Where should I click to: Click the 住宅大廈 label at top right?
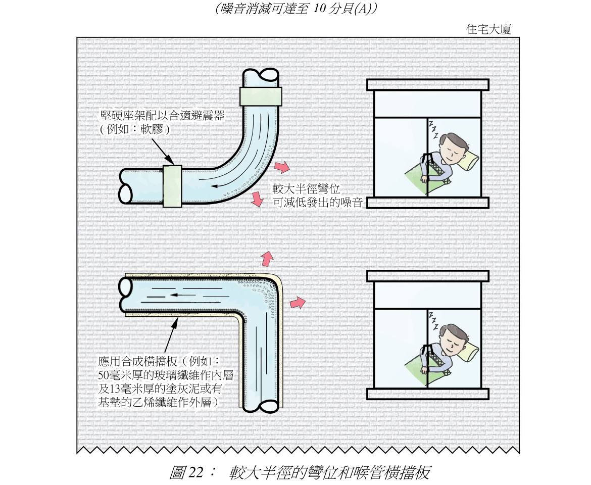click(488, 29)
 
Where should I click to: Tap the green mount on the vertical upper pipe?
click(260, 96)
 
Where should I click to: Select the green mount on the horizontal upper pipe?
click(172, 185)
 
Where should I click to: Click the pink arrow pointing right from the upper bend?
click(282, 167)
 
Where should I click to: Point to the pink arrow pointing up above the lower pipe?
click(266, 258)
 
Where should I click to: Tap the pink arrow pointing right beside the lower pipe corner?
click(298, 303)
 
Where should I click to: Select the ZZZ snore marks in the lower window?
click(433, 321)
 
